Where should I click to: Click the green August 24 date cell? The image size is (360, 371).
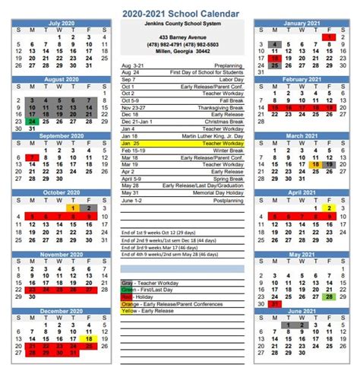[x=31, y=121]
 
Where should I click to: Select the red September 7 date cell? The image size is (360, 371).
[x=31, y=158]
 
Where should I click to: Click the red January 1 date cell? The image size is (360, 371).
[x=327, y=36]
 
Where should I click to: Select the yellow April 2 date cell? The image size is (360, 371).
[x=328, y=208]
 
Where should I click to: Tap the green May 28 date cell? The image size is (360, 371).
[x=328, y=296]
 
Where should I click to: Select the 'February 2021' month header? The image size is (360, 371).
[x=300, y=79]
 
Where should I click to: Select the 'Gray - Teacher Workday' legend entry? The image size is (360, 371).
[x=149, y=282]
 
